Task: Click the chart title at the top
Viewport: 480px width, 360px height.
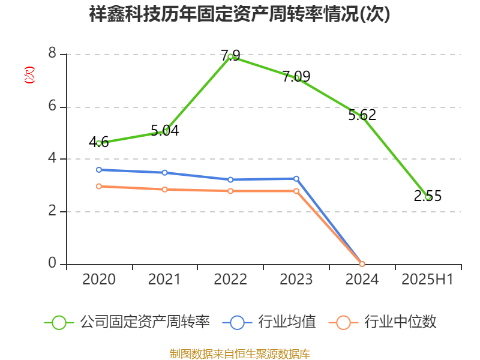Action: click(239, 14)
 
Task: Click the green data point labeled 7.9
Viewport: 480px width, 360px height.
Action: click(230, 56)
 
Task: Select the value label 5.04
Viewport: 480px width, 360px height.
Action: click(164, 130)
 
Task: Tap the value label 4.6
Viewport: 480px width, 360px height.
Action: click(98, 142)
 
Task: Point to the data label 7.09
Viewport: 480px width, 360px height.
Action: click(296, 76)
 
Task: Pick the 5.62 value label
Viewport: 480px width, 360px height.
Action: click(362, 115)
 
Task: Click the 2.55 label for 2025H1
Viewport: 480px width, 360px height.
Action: click(428, 196)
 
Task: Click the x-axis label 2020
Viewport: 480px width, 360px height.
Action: click(98, 280)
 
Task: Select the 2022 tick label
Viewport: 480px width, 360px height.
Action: click(230, 280)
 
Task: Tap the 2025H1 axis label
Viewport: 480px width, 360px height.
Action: click(427, 280)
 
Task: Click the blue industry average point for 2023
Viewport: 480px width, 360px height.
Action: click(296, 178)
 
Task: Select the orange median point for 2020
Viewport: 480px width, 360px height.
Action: click(98, 186)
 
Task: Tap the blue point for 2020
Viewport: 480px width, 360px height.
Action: click(98, 170)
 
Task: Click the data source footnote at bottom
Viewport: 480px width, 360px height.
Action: click(239, 353)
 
